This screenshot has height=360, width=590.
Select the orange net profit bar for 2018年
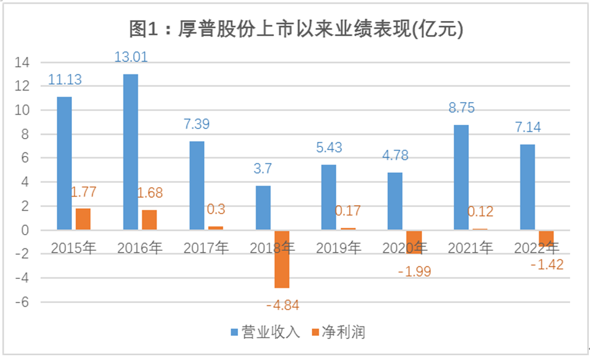pyautogui.click(x=282, y=259)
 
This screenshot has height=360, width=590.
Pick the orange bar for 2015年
pyautogui.click(x=83, y=219)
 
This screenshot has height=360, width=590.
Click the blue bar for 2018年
pyautogui.click(x=263, y=208)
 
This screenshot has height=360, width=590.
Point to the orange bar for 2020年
pyautogui.click(x=414, y=242)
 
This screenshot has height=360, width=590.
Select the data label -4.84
pyautogui.click(x=281, y=305)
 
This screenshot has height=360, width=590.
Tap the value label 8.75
pyautogui.click(x=461, y=109)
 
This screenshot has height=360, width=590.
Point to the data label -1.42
pyautogui.click(x=546, y=265)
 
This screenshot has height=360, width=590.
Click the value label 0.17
pyautogui.click(x=348, y=211)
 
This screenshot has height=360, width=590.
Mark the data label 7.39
pyautogui.click(x=197, y=125)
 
